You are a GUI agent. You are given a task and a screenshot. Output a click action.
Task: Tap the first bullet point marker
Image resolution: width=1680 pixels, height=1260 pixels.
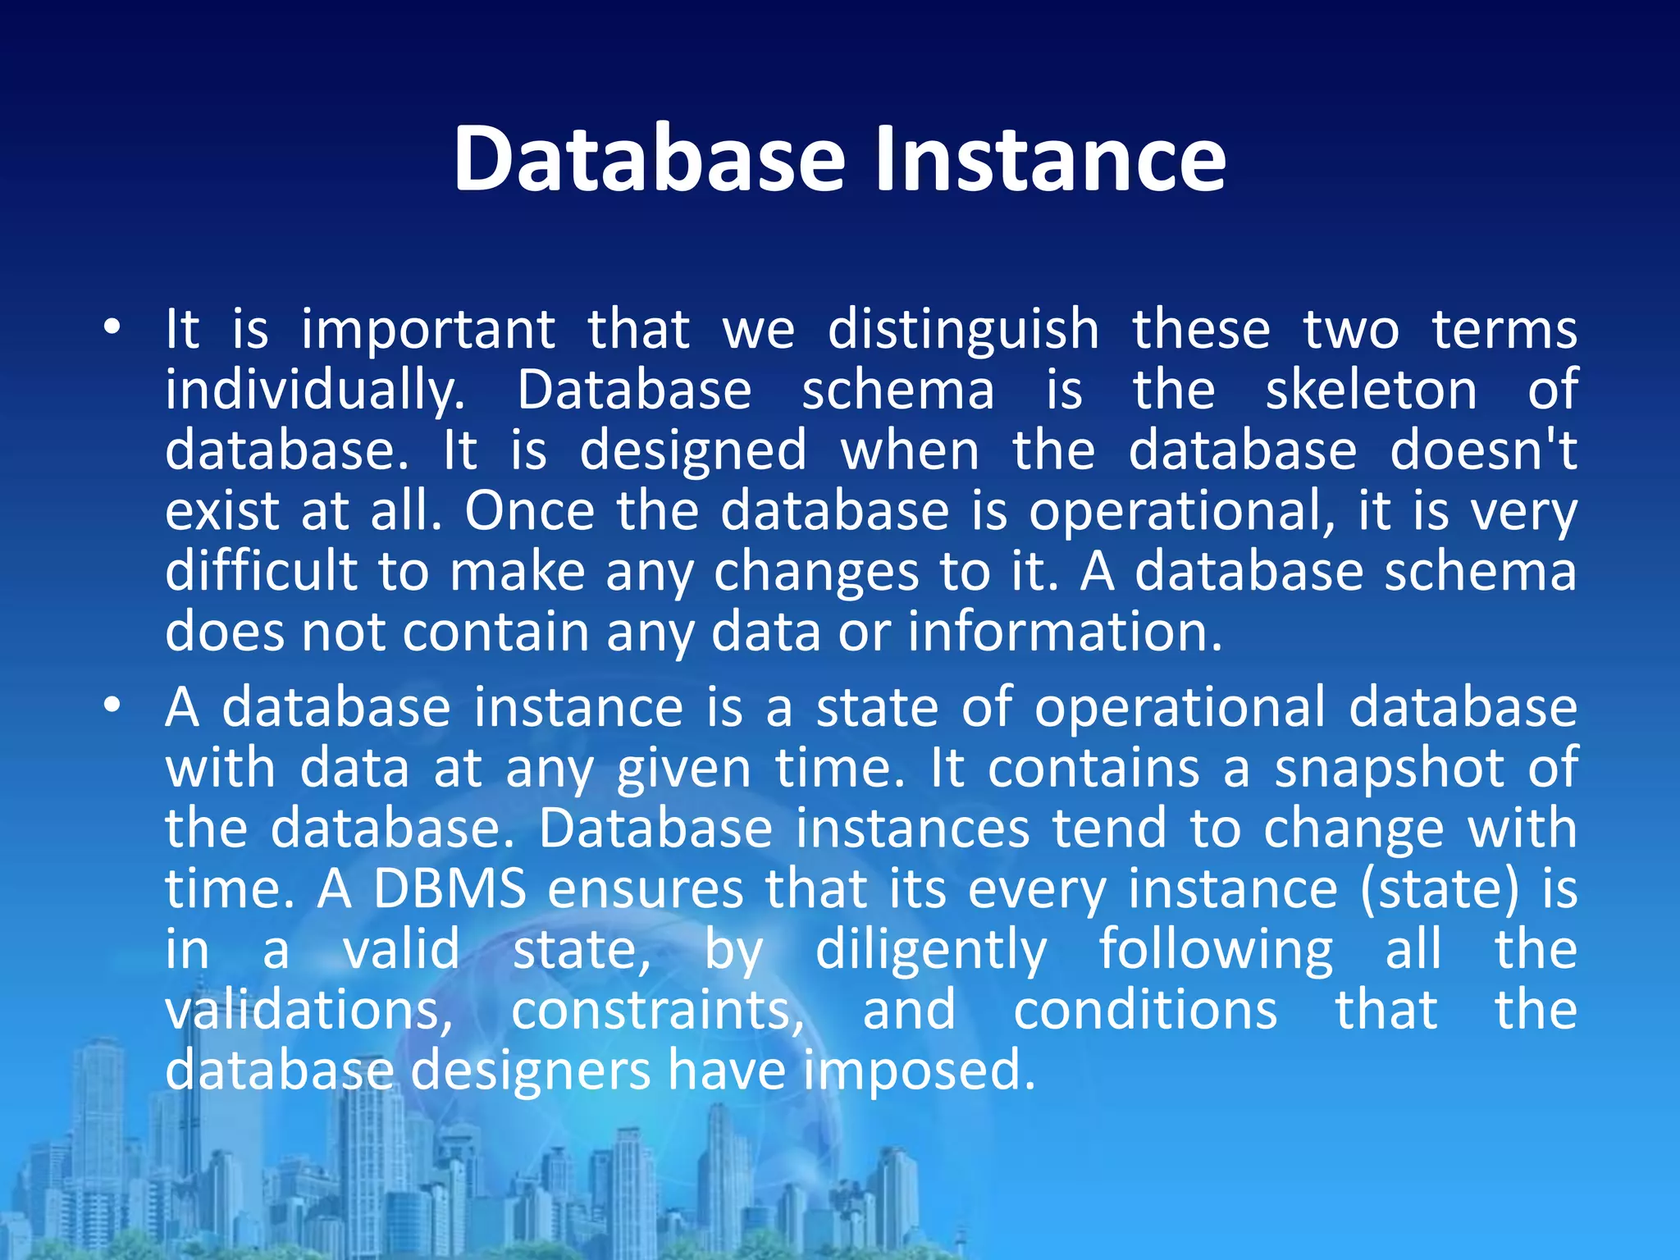coord(112,328)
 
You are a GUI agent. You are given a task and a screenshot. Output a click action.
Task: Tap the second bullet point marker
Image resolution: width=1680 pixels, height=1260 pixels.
coord(112,705)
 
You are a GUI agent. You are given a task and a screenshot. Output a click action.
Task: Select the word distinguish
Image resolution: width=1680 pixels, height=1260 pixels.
coord(963,331)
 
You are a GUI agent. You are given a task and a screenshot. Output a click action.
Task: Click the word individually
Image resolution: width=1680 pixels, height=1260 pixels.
coord(315,391)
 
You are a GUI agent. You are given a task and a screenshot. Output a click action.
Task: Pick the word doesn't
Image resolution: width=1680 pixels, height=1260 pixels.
coord(1482,450)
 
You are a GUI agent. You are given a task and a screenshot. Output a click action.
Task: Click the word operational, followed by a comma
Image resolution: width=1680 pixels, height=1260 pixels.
coord(1182,513)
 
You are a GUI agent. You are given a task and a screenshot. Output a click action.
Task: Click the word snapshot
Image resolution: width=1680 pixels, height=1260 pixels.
coord(1389,769)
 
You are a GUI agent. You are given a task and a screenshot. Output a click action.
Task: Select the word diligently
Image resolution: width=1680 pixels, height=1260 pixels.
coord(930,952)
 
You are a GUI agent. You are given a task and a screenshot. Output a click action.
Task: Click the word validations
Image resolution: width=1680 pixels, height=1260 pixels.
coord(308,1010)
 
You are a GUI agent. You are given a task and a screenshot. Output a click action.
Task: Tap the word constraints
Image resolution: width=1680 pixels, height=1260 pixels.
coord(658,1011)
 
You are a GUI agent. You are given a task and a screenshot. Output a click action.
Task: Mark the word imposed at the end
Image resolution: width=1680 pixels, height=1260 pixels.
coord(919,1071)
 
